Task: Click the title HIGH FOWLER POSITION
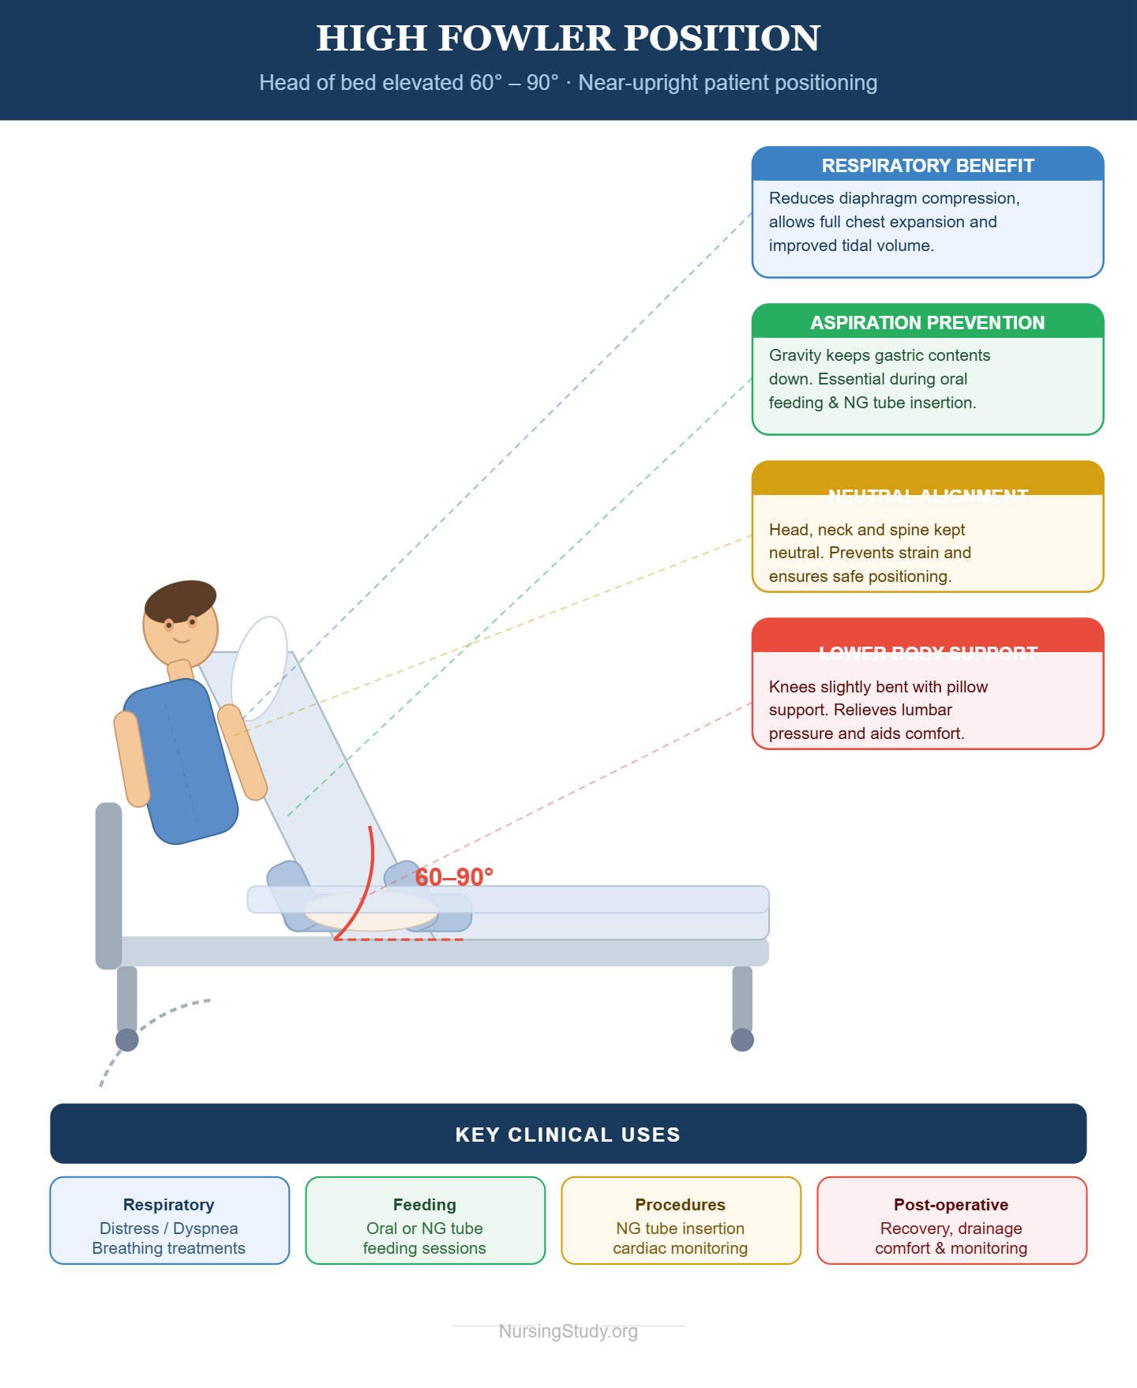click(x=568, y=38)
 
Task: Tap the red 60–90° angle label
click(x=454, y=877)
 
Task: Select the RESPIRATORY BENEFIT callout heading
click(x=927, y=166)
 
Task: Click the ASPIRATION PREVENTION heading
click(x=927, y=323)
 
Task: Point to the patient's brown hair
click(x=180, y=600)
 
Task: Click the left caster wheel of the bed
click(x=127, y=1040)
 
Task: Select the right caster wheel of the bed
click(x=742, y=1040)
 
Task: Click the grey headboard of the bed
click(x=109, y=884)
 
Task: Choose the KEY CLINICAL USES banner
click(x=568, y=1134)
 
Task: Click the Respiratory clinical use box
click(x=169, y=1221)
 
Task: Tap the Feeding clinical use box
click(x=425, y=1221)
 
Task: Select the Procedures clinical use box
click(x=681, y=1221)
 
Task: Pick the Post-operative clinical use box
click(x=951, y=1221)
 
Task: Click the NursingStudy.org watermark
click(x=568, y=1331)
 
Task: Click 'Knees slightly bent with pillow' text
click(x=878, y=687)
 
